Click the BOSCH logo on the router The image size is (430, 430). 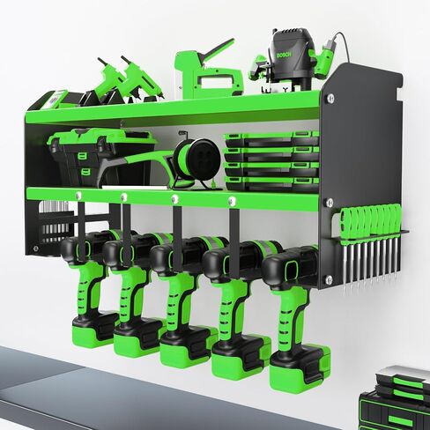pyautogui.click(x=284, y=55)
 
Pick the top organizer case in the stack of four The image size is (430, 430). pyautogui.click(x=271, y=139)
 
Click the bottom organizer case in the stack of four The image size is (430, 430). pyautogui.click(x=271, y=184)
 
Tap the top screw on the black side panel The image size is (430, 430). pyautogui.click(x=330, y=99)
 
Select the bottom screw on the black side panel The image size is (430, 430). pyautogui.click(x=329, y=279)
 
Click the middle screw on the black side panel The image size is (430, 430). pyautogui.click(x=330, y=203)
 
